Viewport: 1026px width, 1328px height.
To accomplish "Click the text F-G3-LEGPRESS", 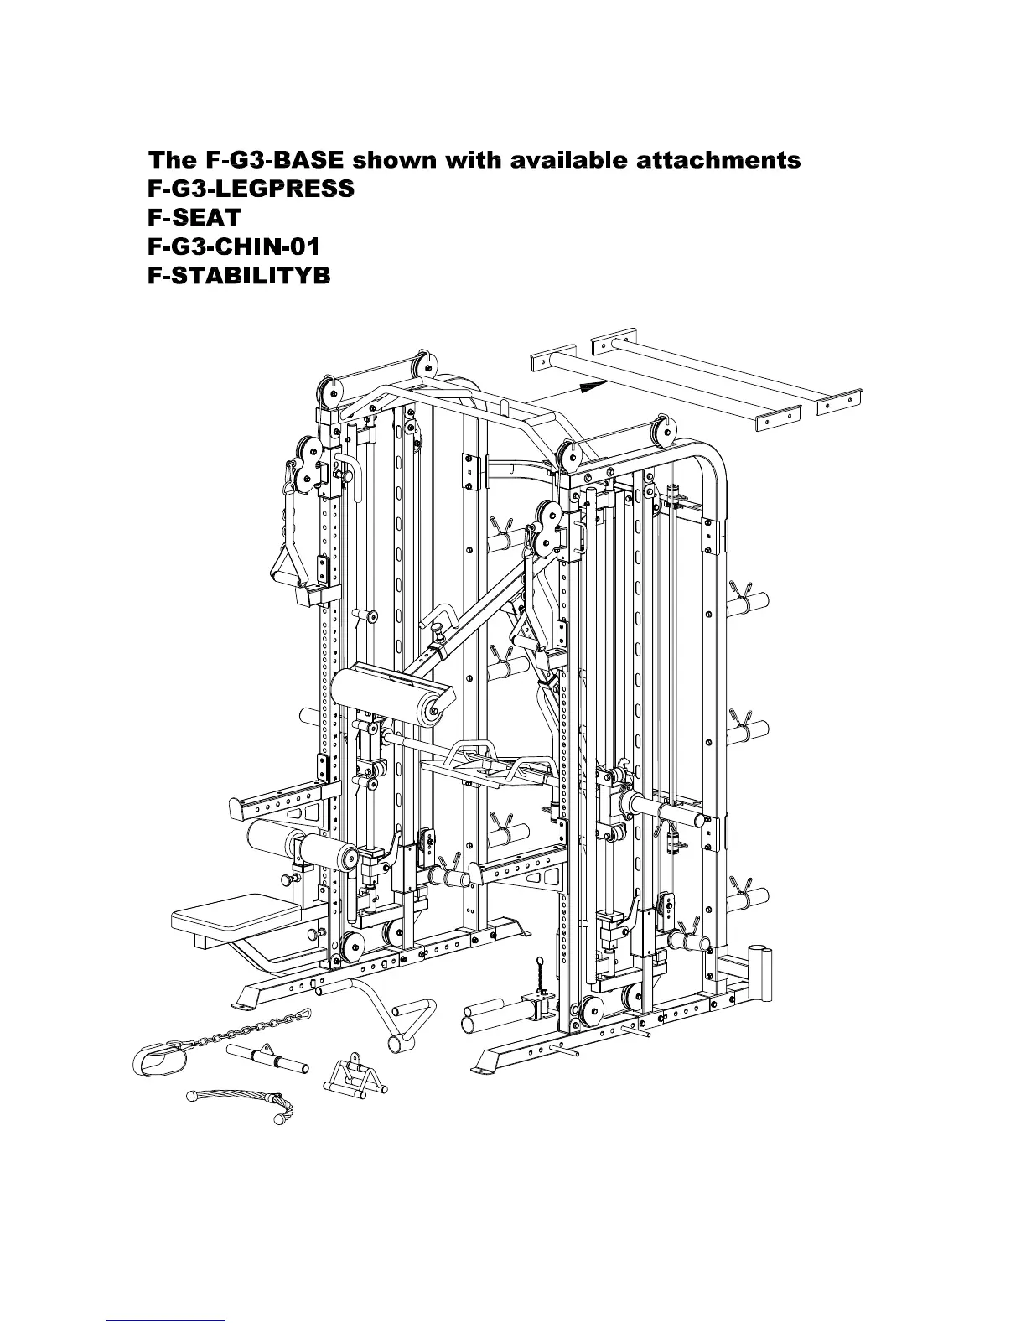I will point(251,189).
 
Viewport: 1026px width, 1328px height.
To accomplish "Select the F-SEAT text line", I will point(194,217).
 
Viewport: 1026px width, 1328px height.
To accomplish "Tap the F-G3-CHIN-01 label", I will point(234,246).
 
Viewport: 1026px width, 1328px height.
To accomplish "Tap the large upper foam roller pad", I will point(386,690).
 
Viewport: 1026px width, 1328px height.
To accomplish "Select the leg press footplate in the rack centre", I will point(486,763).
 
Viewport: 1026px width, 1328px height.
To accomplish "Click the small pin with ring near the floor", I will point(540,973).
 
